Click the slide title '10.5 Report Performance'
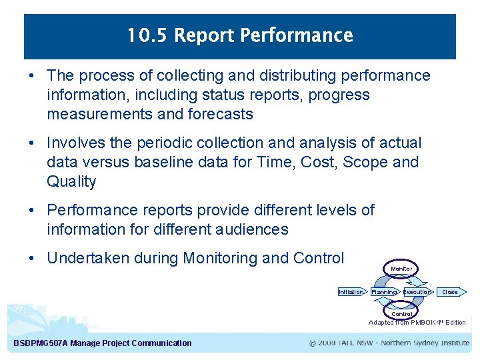click(240, 36)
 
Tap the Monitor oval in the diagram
click(401, 269)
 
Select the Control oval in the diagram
click(401, 313)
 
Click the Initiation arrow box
click(351, 292)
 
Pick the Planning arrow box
click(384, 292)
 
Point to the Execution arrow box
click(417, 292)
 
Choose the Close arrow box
click(451, 292)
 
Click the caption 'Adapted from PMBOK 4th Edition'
click(417, 323)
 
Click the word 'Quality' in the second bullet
click(71, 181)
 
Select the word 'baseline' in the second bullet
click(161, 162)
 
